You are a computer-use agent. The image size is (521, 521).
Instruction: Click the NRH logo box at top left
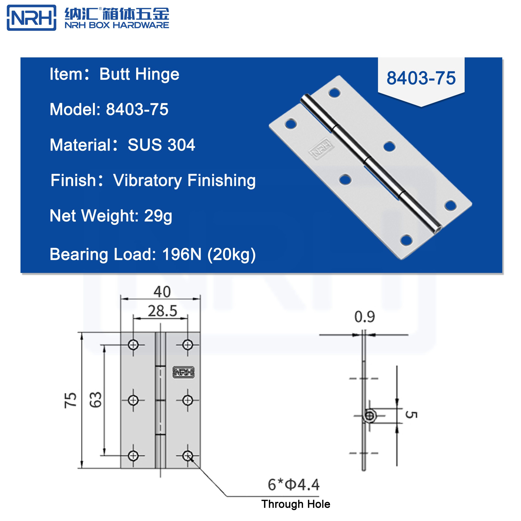(x=32, y=18)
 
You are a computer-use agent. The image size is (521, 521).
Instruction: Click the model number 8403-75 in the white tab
(x=421, y=78)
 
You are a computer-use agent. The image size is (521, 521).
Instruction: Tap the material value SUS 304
(x=161, y=145)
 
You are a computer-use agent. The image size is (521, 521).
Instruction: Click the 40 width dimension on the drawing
(x=162, y=292)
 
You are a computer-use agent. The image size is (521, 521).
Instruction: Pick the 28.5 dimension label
(x=162, y=311)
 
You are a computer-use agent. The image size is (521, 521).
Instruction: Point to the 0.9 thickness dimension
(x=364, y=317)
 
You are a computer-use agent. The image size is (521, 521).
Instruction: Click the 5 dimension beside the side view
(x=411, y=415)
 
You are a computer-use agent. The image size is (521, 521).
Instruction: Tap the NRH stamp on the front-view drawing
(x=183, y=372)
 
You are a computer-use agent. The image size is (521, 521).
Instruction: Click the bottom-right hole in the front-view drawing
(x=187, y=455)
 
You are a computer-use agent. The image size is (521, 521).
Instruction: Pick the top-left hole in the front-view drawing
(x=133, y=344)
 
